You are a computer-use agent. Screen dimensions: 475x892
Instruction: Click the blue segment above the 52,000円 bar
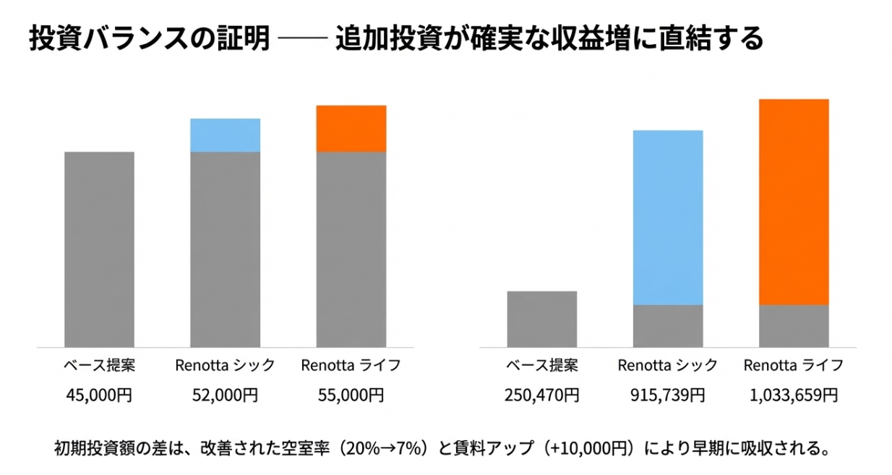(x=225, y=135)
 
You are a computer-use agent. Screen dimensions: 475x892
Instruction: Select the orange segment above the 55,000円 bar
(x=351, y=129)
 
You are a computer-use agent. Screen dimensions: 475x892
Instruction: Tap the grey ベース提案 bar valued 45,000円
(x=99, y=249)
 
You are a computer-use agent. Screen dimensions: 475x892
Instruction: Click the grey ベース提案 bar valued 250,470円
(x=542, y=319)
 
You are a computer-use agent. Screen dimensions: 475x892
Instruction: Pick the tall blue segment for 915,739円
(x=668, y=218)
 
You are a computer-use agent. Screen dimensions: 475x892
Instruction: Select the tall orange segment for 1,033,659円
(x=794, y=202)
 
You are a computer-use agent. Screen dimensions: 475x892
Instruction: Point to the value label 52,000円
(x=225, y=395)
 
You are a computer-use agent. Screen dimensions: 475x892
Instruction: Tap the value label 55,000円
(x=351, y=395)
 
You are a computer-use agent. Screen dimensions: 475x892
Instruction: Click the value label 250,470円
(x=542, y=395)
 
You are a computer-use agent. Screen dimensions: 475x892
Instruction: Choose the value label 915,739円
(x=668, y=395)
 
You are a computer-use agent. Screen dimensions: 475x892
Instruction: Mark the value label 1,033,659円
(x=794, y=395)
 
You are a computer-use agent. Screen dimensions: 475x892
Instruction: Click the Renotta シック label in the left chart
(x=225, y=365)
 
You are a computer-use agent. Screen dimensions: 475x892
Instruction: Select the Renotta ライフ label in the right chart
(x=794, y=365)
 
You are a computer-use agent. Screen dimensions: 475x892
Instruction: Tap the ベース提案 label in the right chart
(x=542, y=365)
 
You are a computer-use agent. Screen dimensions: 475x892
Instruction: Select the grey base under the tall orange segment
(x=794, y=326)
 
